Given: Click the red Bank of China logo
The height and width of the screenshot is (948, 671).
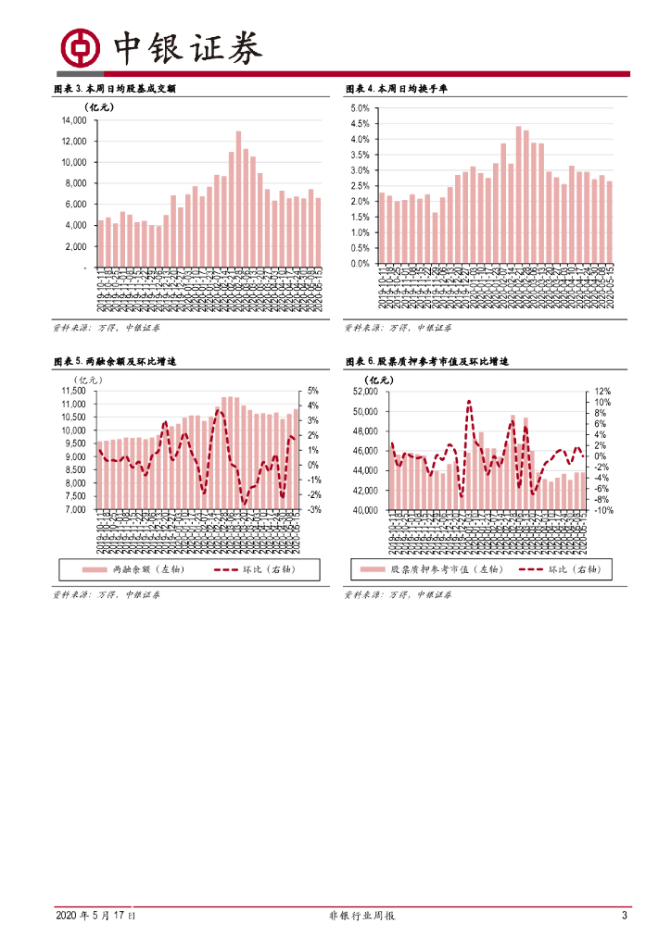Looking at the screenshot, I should [80, 49].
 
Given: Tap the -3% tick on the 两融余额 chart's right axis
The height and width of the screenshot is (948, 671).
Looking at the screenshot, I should [314, 509].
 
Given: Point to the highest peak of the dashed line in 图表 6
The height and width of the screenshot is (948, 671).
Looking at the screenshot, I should [469, 401].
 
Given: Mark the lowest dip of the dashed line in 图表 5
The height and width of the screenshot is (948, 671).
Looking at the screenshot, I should [244, 504].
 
